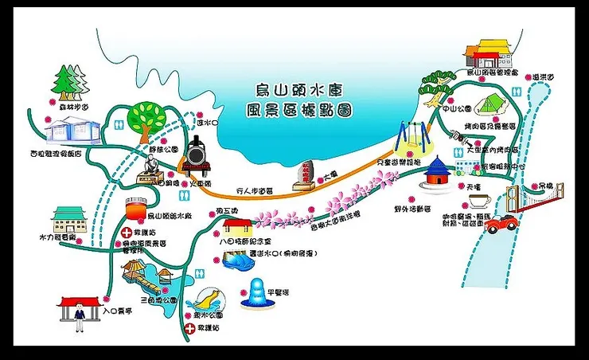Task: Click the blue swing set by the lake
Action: click(415, 136)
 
